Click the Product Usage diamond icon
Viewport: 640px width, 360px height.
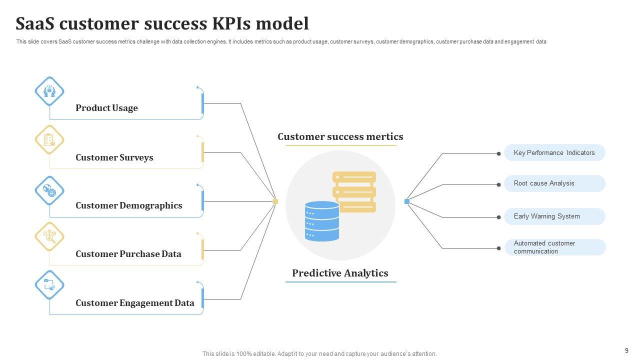(x=49, y=91)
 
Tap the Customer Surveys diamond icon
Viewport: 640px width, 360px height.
(x=49, y=139)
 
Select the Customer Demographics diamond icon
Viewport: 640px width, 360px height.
(x=49, y=190)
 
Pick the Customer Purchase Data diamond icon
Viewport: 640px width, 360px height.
(x=49, y=236)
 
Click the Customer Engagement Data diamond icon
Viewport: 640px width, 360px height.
(x=49, y=285)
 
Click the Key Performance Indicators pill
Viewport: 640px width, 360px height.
(x=554, y=152)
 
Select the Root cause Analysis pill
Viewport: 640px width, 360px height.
(x=554, y=183)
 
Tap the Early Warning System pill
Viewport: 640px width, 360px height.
(x=554, y=216)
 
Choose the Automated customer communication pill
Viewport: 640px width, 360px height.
(x=555, y=247)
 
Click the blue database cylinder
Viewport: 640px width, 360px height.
(x=322, y=221)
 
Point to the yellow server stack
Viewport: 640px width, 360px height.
(x=354, y=191)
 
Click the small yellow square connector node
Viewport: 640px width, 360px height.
(x=275, y=201)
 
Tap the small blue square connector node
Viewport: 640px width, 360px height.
(x=407, y=201)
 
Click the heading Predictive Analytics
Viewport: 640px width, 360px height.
(x=340, y=273)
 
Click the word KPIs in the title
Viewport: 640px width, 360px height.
(x=231, y=23)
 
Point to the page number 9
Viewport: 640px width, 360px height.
(x=626, y=350)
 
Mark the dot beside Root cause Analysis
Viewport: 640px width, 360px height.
(x=498, y=185)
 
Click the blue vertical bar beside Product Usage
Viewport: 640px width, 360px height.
(x=202, y=103)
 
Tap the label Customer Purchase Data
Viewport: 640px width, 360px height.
(x=128, y=254)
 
